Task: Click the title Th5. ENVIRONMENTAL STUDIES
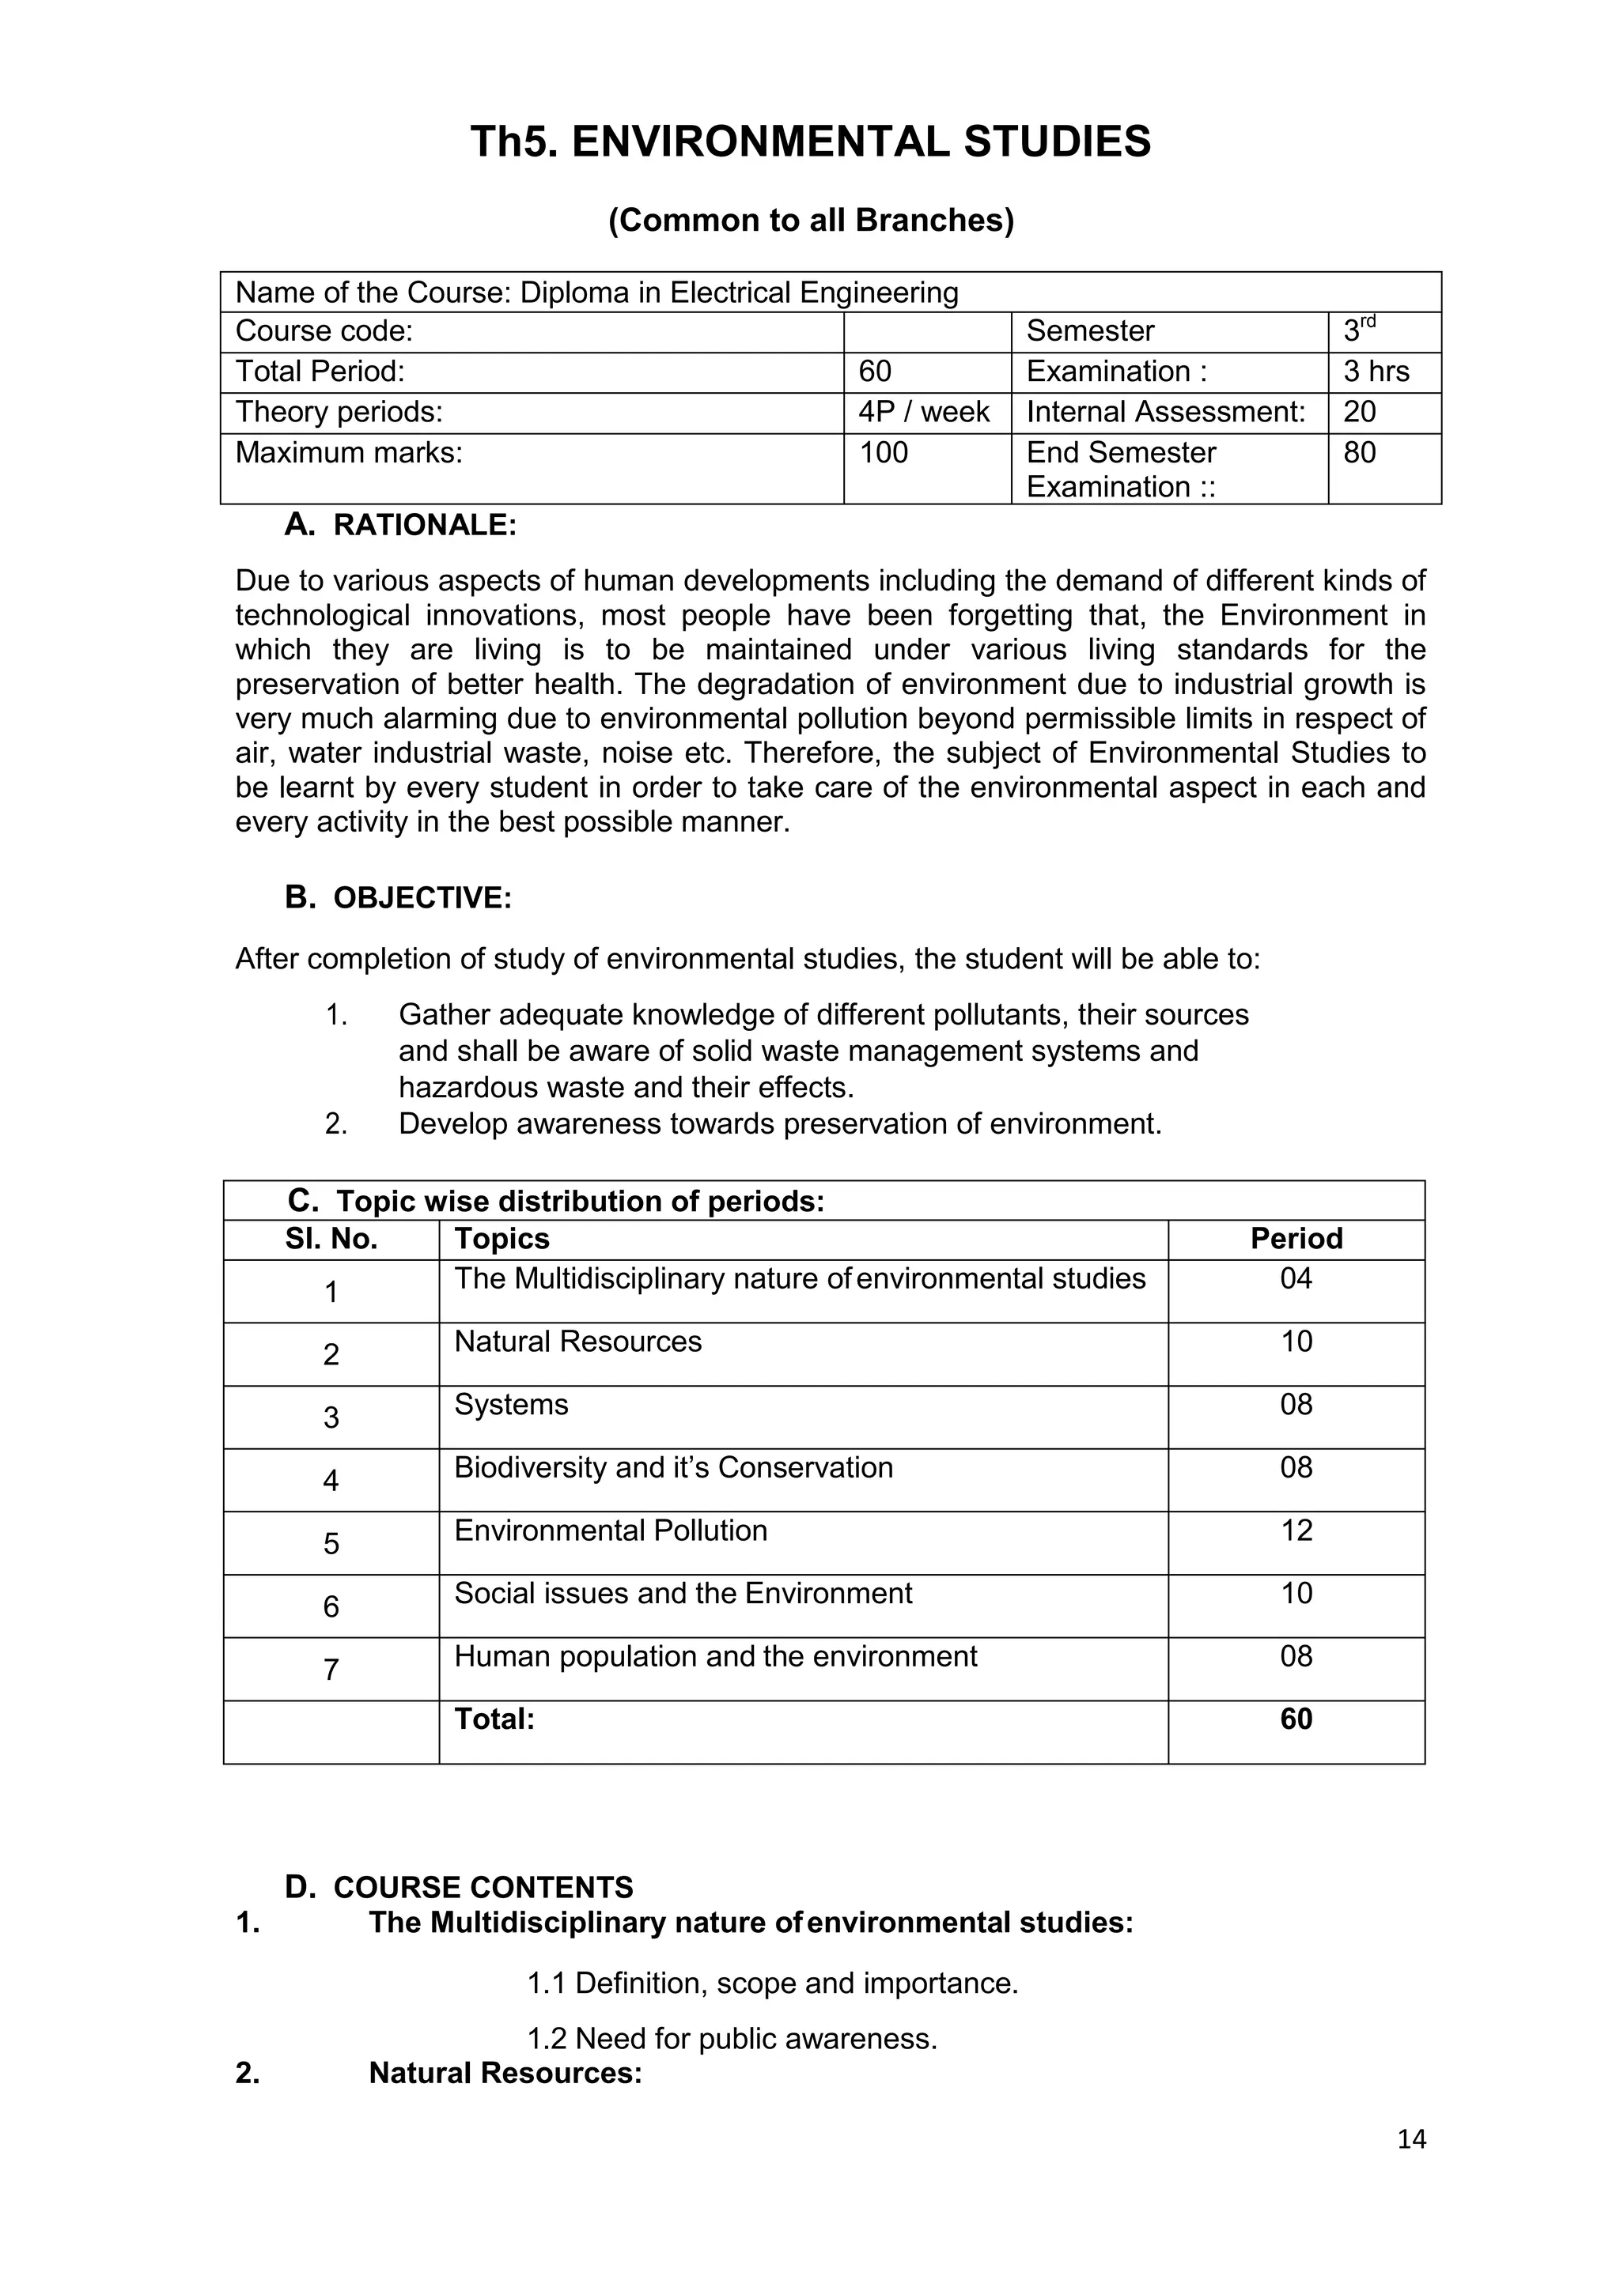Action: tap(809, 142)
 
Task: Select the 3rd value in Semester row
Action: tap(1358, 330)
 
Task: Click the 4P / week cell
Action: tap(923, 412)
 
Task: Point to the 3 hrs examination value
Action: tap(1376, 372)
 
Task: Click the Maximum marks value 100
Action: tap(884, 453)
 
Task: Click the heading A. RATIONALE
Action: tap(400, 525)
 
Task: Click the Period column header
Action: tap(1296, 1238)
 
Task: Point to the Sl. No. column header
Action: tap(331, 1238)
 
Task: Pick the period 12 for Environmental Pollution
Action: tap(1296, 1530)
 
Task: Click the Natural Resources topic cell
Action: tap(578, 1341)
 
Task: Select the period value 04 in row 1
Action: tap(1296, 1278)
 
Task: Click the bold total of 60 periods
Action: tap(1296, 1719)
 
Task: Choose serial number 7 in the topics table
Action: tap(331, 1670)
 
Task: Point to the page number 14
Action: tap(1411, 2138)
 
